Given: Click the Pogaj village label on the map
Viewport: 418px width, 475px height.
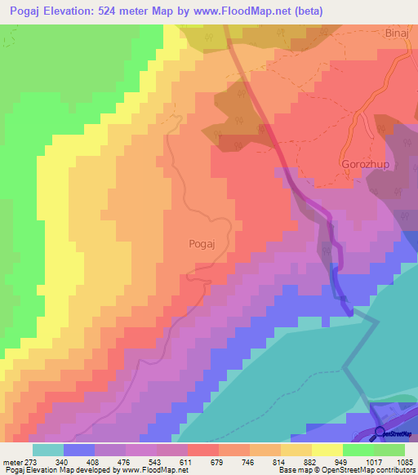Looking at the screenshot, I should click(201, 243).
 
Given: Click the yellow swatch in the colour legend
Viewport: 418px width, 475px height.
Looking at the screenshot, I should click(327, 450).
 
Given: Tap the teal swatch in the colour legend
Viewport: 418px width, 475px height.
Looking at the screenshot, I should click(48, 450).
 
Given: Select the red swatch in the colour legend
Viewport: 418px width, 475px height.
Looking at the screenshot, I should click(202, 450).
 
